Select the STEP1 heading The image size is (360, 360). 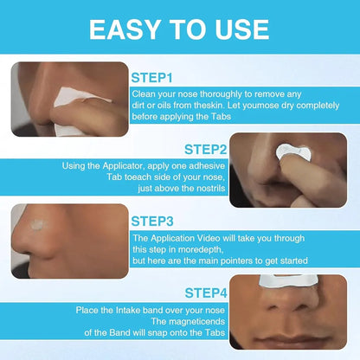(154, 76)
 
